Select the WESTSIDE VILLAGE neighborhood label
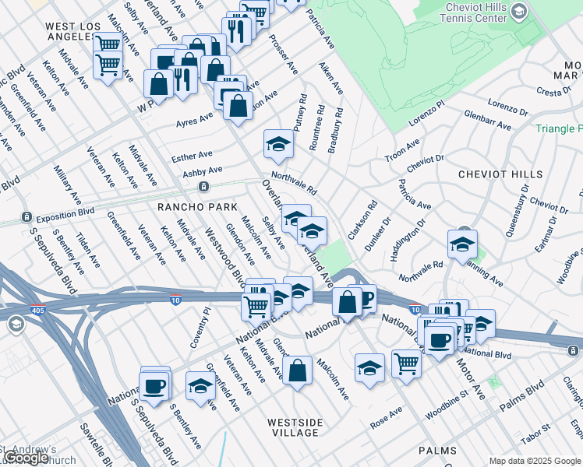[x=295, y=427]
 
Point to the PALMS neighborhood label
[x=437, y=451]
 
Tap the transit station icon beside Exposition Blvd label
[x=26, y=216]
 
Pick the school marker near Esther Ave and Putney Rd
[x=278, y=143]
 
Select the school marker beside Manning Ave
[x=462, y=244]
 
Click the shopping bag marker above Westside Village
[x=297, y=370]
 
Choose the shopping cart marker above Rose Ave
[x=406, y=361]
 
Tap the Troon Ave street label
[x=402, y=150]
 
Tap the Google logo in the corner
[x=26, y=458]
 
